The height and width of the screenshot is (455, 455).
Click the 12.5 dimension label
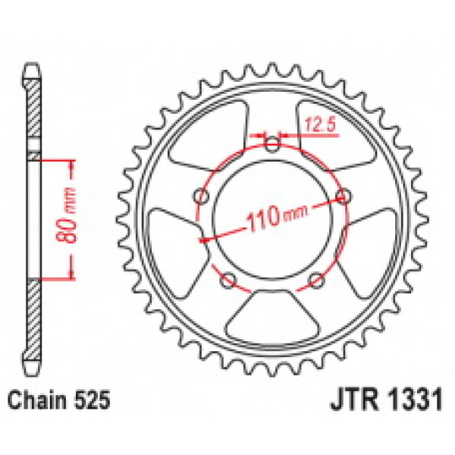coord(320,124)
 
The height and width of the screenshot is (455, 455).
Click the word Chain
coord(38,400)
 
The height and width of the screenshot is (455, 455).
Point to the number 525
coord(92,400)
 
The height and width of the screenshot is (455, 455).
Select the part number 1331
coord(416,400)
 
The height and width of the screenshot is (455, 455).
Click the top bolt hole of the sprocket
coord(272,144)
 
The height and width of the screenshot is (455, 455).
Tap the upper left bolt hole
coord(202,196)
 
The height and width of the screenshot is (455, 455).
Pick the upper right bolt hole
coord(343,196)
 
